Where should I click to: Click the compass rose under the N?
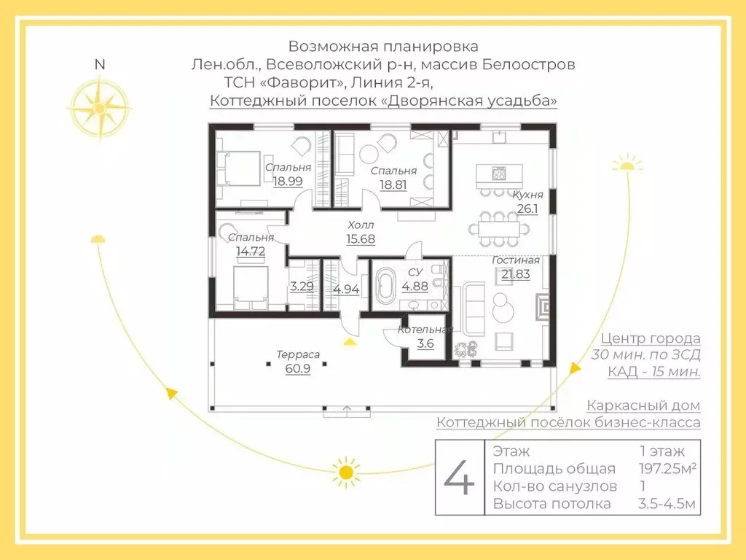[x=101, y=105]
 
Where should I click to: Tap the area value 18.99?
[x=288, y=181]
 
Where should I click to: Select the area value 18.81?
[x=393, y=184]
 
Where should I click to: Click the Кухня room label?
[x=527, y=195]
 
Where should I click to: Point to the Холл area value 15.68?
[x=361, y=238]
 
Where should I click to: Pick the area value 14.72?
[x=250, y=251]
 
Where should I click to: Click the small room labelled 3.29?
[x=302, y=286]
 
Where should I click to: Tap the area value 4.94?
[x=346, y=289]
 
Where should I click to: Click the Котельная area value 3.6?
[x=425, y=343]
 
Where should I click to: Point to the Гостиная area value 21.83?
[x=515, y=273]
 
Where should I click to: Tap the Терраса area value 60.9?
[x=297, y=368]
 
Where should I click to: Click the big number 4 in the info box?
[x=460, y=478]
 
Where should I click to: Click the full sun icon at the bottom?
[x=346, y=471]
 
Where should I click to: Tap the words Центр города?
[x=651, y=338]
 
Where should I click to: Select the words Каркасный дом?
[x=643, y=405]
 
